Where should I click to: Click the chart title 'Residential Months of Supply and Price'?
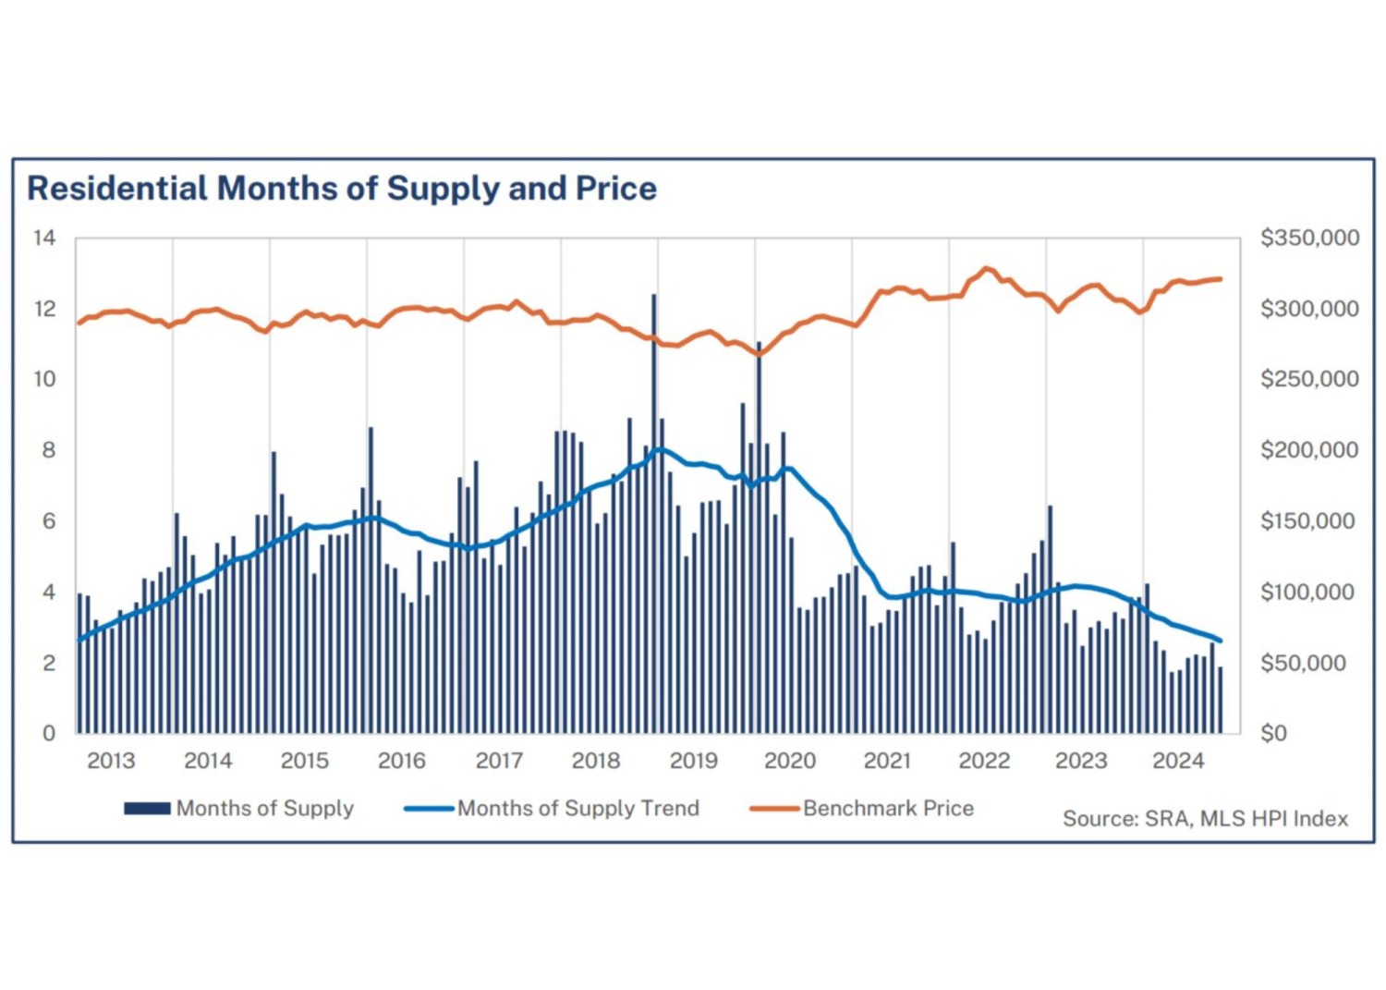(x=341, y=189)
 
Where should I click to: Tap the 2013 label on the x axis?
(x=111, y=761)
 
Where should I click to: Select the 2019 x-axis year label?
(x=693, y=761)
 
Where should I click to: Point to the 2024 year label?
(x=1178, y=761)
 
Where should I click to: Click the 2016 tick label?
(x=402, y=761)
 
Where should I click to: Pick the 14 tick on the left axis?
(x=44, y=238)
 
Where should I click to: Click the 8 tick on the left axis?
(x=48, y=450)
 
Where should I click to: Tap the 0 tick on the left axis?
(x=49, y=733)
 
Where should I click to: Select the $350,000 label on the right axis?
(x=1309, y=238)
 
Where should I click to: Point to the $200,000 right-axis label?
(x=1309, y=450)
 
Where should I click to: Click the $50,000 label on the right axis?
(x=1303, y=663)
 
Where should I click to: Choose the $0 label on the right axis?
(x=1273, y=733)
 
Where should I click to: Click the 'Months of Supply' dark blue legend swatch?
(x=147, y=809)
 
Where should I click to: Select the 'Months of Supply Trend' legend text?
(x=577, y=809)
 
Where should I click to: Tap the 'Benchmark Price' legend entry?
(x=887, y=809)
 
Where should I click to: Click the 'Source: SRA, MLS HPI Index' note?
(x=1205, y=819)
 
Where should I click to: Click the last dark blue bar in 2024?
(x=1221, y=700)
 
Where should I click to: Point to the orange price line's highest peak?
(x=987, y=268)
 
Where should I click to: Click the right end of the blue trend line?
(x=1221, y=641)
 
